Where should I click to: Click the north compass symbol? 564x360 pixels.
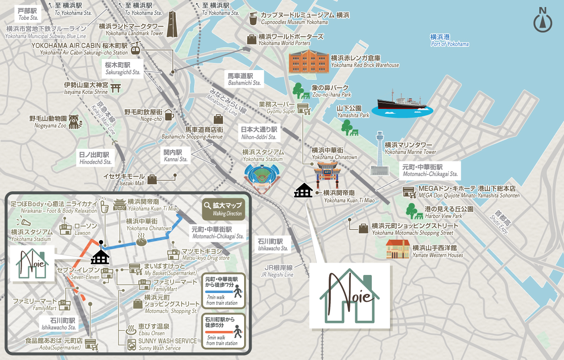(542, 21)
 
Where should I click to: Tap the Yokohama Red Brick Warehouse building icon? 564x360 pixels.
(308, 62)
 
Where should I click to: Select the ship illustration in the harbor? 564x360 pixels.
(401, 104)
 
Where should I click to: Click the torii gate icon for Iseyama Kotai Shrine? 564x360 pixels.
(116, 88)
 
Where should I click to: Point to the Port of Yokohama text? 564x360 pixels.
(449, 41)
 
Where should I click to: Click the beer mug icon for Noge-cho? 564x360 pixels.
(169, 115)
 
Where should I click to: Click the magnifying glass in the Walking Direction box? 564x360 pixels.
(207, 205)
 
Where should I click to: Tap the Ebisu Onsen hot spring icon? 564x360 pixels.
(131, 329)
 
